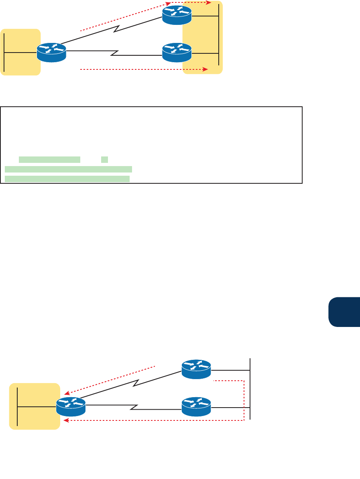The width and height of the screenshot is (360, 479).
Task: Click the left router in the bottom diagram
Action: tap(71, 407)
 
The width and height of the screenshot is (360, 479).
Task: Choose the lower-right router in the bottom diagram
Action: tap(196, 406)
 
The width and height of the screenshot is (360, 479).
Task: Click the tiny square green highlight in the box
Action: tap(104, 160)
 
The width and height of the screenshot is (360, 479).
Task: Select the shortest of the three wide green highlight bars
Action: tap(49, 160)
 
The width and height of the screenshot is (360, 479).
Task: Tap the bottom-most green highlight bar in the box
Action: tap(67, 179)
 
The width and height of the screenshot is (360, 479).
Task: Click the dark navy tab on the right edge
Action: tap(344, 312)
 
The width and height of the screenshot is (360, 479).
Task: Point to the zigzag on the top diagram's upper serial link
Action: tap(118, 29)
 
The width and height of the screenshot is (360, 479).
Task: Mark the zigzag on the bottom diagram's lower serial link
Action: tap(134, 408)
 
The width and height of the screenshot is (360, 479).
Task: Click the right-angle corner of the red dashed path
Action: tap(244, 420)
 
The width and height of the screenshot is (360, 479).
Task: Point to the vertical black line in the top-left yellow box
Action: tap(4, 53)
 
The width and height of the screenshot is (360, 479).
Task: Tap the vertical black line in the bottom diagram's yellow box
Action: tap(18, 406)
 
